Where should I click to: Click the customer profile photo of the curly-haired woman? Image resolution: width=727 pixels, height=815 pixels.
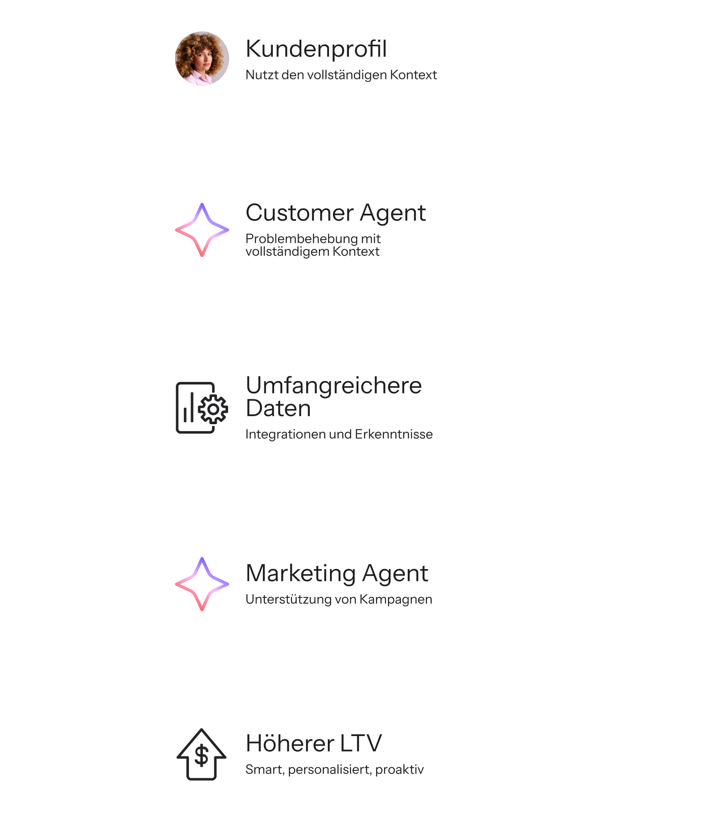tap(202, 58)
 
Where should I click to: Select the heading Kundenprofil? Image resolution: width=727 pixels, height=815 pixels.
tap(316, 49)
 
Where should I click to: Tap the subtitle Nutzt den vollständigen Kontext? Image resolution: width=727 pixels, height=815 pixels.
tap(341, 75)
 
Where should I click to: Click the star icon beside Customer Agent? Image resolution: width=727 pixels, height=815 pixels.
tap(202, 230)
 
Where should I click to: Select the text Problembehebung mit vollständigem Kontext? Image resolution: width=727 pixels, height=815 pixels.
tap(313, 245)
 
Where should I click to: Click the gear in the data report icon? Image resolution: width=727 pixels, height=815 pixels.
tap(213, 409)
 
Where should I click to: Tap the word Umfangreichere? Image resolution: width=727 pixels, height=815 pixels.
tap(334, 385)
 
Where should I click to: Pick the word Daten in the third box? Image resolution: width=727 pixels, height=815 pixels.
tap(278, 408)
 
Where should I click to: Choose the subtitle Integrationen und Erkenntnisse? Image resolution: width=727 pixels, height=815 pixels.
tap(339, 434)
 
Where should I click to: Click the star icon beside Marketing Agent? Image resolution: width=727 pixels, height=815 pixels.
tap(202, 584)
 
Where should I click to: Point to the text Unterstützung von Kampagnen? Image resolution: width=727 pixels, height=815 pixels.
tap(339, 600)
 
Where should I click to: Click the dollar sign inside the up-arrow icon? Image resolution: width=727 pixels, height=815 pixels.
tap(201, 755)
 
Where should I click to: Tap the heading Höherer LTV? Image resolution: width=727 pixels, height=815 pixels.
tap(313, 744)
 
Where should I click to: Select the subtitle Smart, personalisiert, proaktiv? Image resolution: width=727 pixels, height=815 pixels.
tap(335, 770)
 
